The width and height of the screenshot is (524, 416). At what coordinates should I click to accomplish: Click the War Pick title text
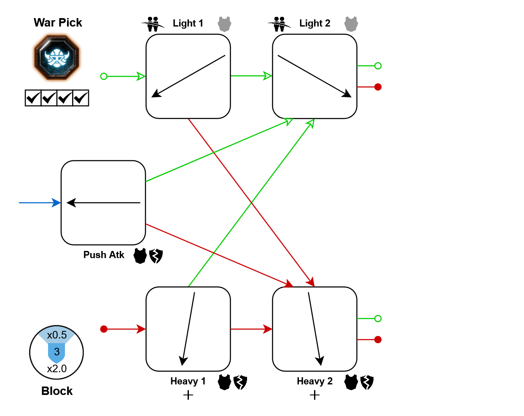point(58,23)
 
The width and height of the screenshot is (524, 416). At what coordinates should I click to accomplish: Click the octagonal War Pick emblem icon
point(56,58)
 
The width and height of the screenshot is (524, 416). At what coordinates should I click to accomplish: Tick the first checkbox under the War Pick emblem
point(33,98)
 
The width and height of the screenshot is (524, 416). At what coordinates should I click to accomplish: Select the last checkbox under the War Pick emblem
point(81,98)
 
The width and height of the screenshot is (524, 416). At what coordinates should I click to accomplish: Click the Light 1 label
point(188,24)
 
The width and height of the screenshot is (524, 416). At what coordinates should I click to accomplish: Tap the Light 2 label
point(314,24)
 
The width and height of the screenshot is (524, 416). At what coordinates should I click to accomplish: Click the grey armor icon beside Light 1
point(224,24)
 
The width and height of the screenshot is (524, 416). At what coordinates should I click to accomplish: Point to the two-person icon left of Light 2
point(279,24)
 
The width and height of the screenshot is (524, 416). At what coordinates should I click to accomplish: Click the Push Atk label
point(104,255)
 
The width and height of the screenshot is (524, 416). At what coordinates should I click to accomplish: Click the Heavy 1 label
point(188,381)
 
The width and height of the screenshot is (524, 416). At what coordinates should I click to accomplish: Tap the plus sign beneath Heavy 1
point(188,395)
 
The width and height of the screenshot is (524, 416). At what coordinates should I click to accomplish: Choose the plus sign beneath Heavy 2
point(314,395)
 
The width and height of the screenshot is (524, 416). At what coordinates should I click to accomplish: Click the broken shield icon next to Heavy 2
point(367,382)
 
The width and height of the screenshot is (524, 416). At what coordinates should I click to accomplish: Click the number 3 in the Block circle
point(57,352)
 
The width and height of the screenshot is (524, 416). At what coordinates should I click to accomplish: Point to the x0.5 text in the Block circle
point(57,336)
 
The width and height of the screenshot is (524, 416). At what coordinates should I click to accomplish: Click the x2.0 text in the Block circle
point(57,369)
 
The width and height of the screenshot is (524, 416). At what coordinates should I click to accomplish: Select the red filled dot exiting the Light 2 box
point(378,87)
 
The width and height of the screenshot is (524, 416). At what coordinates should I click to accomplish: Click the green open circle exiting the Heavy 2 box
point(378,319)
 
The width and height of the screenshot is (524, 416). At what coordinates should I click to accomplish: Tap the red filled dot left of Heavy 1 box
point(104,329)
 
